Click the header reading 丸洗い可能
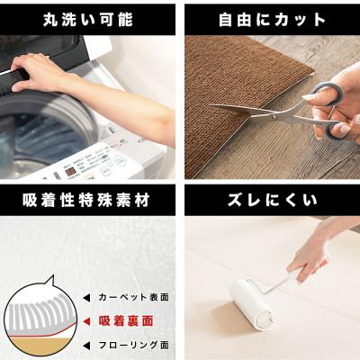coord(88,17)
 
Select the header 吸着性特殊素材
coord(88,197)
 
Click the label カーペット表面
coord(134,297)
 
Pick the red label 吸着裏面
coord(128,319)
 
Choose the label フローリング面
coord(134,344)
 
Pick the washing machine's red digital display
coord(70,171)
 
